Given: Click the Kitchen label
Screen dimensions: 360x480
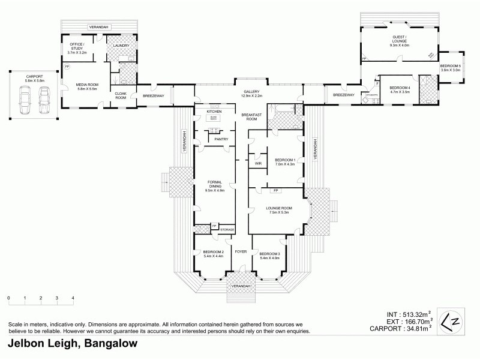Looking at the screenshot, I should (x=214, y=112).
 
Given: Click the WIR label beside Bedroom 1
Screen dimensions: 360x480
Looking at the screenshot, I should (x=258, y=163).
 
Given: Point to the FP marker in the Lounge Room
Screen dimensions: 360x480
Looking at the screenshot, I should (x=275, y=190).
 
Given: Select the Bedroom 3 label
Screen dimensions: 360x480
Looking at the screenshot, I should (x=269, y=254).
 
